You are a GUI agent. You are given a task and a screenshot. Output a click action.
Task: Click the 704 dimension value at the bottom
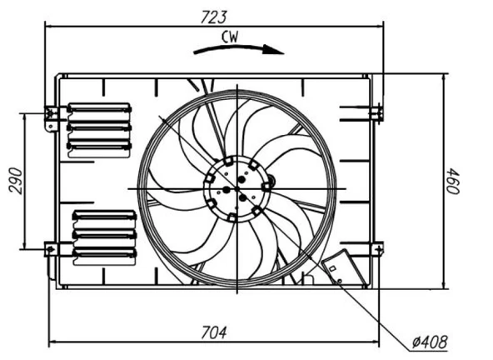point(214,332)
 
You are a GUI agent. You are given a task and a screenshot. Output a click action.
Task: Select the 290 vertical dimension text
point(16,179)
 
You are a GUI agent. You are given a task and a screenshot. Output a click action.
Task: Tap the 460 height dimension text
point(455,181)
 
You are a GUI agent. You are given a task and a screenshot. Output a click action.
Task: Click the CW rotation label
point(233,36)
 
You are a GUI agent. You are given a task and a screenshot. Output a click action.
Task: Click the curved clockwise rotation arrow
point(238,49)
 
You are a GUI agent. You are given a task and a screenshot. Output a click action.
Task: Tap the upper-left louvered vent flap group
point(99,128)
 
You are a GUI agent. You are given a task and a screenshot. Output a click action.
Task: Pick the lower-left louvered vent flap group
point(103,234)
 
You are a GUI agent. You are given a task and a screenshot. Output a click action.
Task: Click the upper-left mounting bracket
point(52,116)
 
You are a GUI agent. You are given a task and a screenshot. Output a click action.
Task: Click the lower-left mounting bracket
point(52,248)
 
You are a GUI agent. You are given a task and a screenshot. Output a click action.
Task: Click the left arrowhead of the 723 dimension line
point(49,25)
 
